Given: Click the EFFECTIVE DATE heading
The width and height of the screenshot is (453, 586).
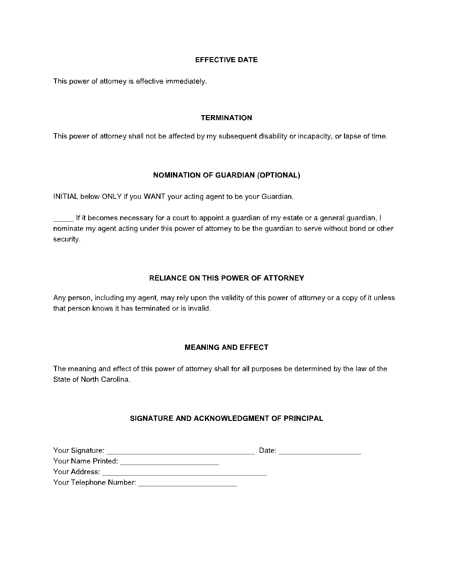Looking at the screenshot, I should tap(226, 60).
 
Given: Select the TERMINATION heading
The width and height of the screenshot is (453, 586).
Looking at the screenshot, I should tap(226, 118).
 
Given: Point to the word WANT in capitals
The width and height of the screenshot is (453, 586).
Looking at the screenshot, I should tap(154, 197).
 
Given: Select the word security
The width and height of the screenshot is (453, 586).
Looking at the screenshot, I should tap(67, 239).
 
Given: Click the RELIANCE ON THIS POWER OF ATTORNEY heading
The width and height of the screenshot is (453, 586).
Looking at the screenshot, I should tap(226, 278).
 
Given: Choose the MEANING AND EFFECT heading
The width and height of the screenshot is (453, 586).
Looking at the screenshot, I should tap(226, 347).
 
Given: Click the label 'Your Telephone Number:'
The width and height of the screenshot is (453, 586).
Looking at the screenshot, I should tap(95, 482).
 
